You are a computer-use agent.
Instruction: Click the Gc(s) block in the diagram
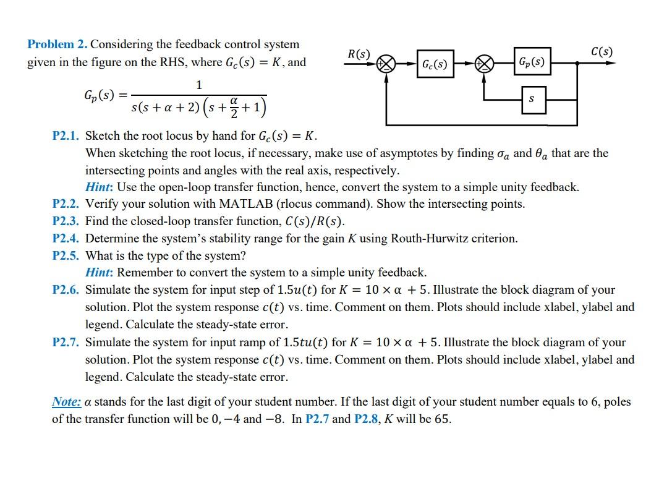[x=434, y=64]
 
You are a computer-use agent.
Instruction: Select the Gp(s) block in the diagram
[x=531, y=62]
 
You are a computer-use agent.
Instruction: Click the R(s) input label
[x=359, y=53]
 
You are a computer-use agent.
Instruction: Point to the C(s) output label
[x=602, y=51]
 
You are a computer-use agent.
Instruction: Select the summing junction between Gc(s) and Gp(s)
[x=485, y=63]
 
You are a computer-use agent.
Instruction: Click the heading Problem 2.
[x=57, y=45]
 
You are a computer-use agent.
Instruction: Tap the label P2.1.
[x=66, y=136]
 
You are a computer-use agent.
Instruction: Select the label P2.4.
[x=66, y=239]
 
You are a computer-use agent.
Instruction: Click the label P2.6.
[x=66, y=290]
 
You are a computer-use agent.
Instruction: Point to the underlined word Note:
[x=66, y=402]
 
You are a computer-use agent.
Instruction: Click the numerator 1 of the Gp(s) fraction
[x=198, y=84]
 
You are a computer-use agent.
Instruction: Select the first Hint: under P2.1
[x=99, y=187]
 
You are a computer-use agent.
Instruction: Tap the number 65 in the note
[x=441, y=419]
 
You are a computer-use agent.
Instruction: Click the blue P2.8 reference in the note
[x=368, y=419]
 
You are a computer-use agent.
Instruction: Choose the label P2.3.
[x=66, y=221]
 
